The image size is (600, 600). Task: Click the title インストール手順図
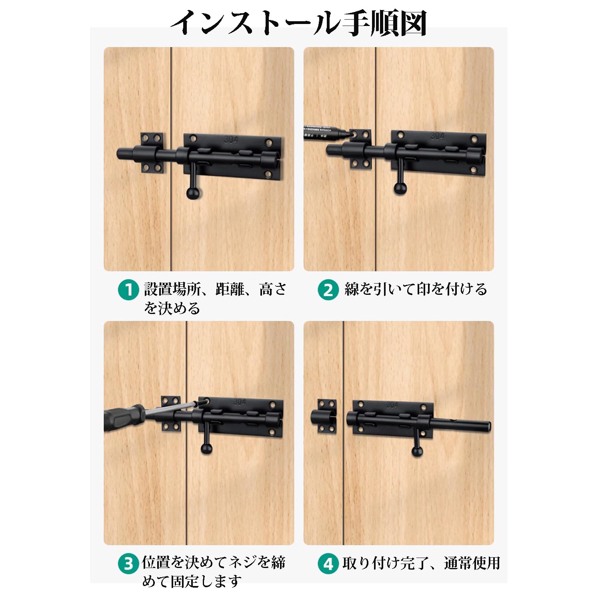[299, 23]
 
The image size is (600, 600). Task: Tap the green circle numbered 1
[128, 290]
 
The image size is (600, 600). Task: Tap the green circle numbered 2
[328, 290]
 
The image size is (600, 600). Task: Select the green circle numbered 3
[128, 564]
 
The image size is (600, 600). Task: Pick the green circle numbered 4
[328, 564]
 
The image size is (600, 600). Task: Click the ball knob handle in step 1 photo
[193, 193]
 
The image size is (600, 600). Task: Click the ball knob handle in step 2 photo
[400, 188]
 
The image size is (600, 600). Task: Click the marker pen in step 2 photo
[324, 132]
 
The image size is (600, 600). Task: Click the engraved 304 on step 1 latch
[231, 140]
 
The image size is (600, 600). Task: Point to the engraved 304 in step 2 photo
[437, 136]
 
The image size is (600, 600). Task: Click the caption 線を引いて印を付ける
[416, 289]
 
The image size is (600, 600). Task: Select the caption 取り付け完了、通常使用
[421, 563]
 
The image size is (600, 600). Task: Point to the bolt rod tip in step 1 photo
[122, 154]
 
